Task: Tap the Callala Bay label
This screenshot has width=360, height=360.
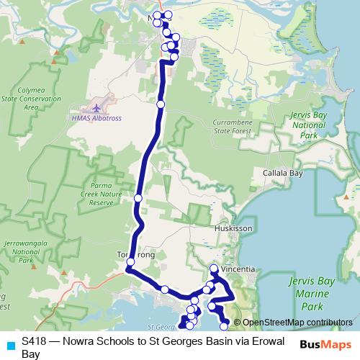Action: pyautogui.click(x=282, y=174)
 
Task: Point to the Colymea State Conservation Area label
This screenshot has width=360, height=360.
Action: pyautogui.click(x=30, y=99)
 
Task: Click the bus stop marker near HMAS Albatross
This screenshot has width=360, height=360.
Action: pyautogui.click(x=161, y=105)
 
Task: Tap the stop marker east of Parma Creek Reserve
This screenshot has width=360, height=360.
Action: pyautogui.click(x=138, y=198)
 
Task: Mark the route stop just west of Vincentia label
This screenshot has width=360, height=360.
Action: pyautogui.click(x=214, y=269)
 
